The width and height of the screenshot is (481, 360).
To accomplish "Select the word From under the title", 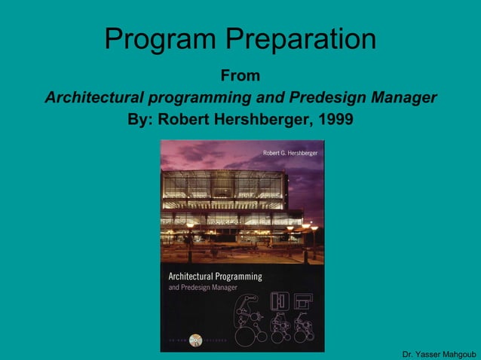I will pyautogui.click(x=240, y=76).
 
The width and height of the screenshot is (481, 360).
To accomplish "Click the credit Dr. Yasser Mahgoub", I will pyautogui.click(x=439, y=354).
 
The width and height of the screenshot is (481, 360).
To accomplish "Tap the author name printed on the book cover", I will pyautogui.click(x=290, y=154).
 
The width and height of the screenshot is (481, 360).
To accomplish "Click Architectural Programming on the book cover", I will pyautogui.click(x=215, y=276).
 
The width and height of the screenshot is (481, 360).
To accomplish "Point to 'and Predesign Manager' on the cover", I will pyautogui.click(x=202, y=288).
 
